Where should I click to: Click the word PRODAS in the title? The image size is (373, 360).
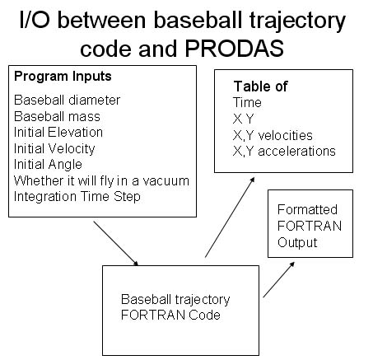(x=235, y=49)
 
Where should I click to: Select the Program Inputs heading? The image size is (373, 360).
(x=63, y=77)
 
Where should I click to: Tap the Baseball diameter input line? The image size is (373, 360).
(x=67, y=101)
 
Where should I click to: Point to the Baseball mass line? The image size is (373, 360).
(x=57, y=116)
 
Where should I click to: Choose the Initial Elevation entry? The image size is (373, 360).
(x=58, y=133)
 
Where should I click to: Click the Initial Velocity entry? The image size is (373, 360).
(x=54, y=149)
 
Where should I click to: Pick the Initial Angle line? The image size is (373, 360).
(x=48, y=165)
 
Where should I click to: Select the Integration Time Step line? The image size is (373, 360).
(x=77, y=197)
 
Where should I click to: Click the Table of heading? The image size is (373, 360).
(x=260, y=86)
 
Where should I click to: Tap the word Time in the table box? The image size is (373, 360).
(x=247, y=103)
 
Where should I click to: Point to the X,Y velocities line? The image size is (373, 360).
(x=273, y=136)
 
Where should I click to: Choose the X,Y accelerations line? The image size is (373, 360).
(x=284, y=152)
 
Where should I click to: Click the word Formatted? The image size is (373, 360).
(x=307, y=210)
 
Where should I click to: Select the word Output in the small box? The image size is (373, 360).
(x=297, y=243)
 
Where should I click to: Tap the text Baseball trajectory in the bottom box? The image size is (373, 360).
(x=175, y=300)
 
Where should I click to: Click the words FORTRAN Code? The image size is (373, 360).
(x=170, y=315)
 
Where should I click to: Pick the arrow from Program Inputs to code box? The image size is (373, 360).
(x=116, y=243)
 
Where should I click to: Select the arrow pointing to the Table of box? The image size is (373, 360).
(x=230, y=217)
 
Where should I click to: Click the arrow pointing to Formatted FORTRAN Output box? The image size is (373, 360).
(x=279, y=279)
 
